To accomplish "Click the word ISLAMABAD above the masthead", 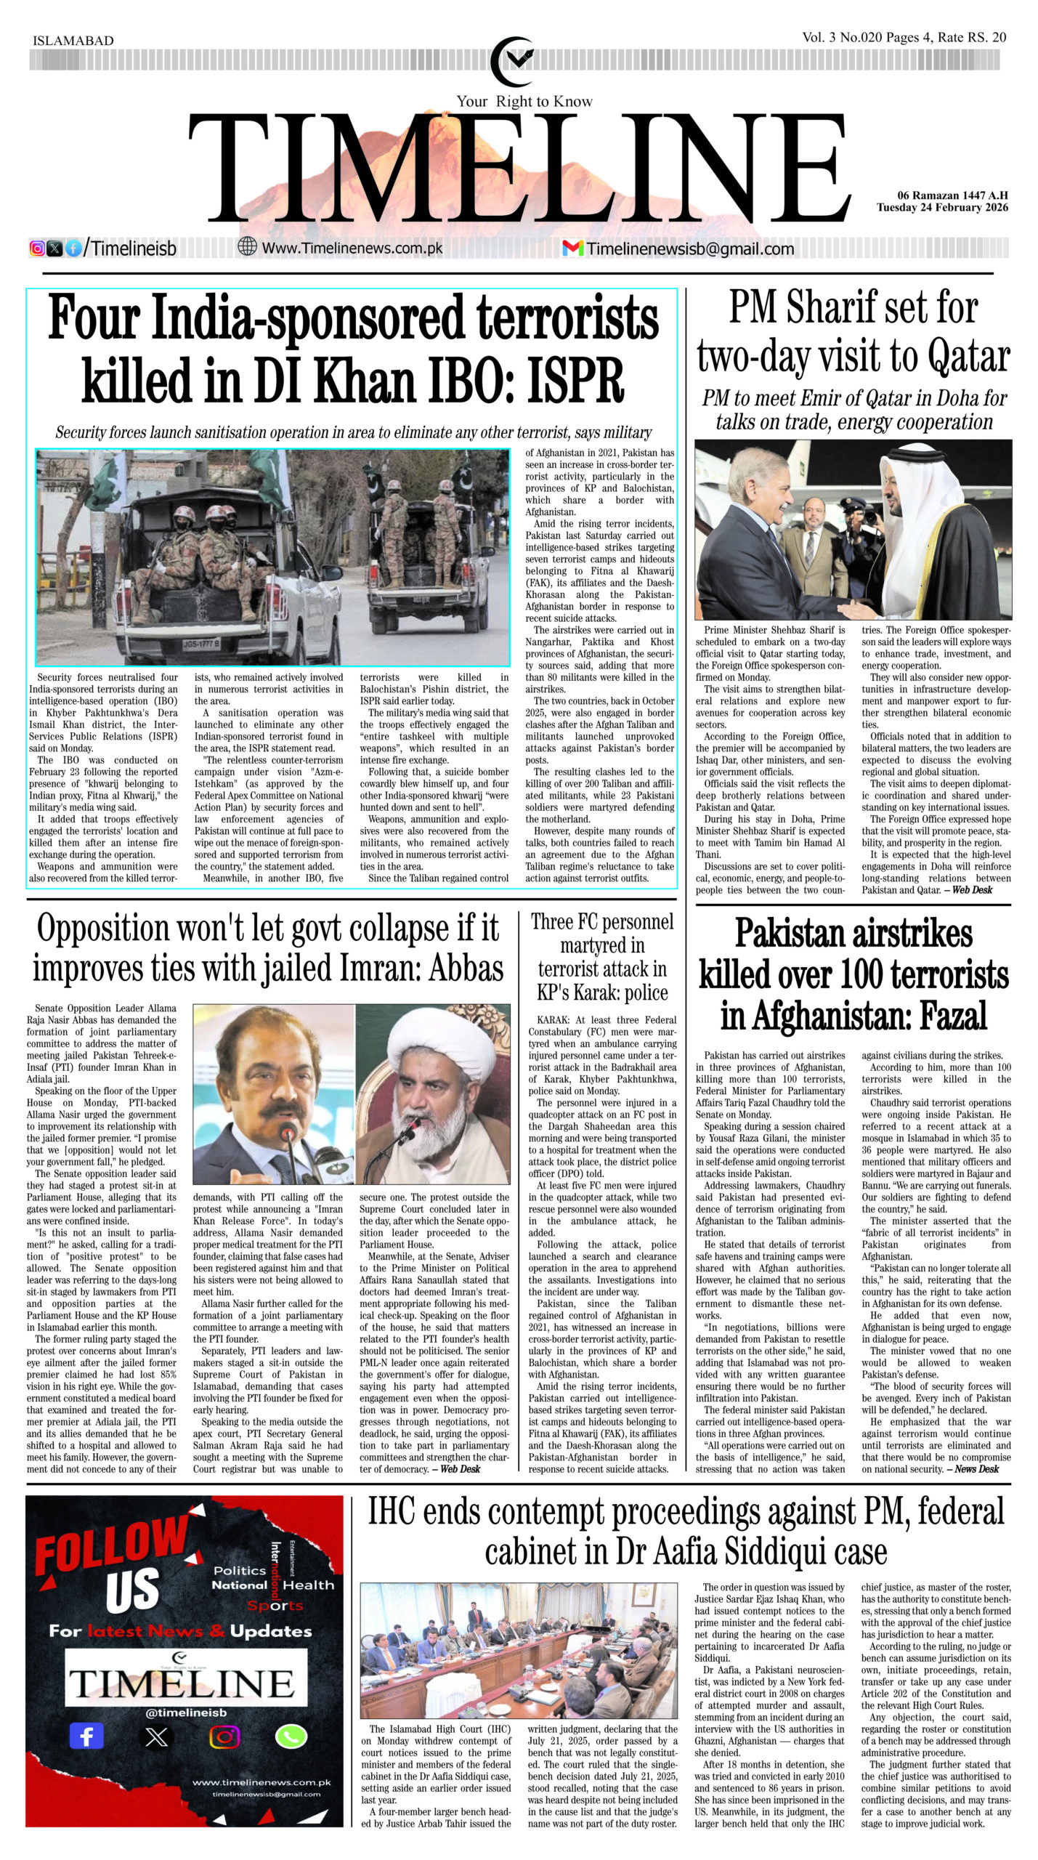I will click(73, 41).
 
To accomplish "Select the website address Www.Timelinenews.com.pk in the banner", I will click(352, 248).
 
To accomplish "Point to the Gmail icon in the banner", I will click(572, 248).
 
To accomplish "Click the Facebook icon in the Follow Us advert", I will click(86, 1736).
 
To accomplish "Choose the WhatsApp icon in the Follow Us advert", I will click(291, 1736).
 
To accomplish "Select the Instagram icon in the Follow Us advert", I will click(224, 1736).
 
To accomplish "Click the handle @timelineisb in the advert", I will click(186, 1713).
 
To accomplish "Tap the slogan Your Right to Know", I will click(524, 101).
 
